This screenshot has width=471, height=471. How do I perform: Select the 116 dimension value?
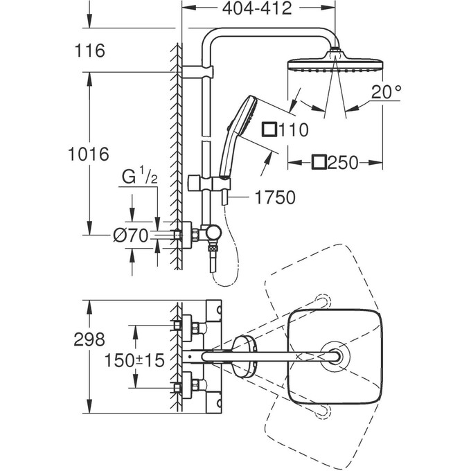point(90,51)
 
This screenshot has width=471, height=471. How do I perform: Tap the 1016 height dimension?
point(89,154)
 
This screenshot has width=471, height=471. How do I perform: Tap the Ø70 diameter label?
point(132,235)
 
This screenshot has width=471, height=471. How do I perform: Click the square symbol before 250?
point(319,163)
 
